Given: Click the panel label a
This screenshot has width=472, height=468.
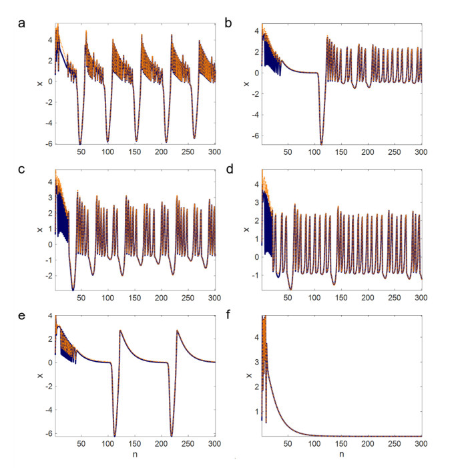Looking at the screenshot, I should pos(22,25).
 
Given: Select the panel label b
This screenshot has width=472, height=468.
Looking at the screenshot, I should pos(229,25).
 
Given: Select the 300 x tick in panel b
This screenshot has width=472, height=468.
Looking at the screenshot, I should pos(421,153).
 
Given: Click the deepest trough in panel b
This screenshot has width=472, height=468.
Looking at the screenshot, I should pos(321,144).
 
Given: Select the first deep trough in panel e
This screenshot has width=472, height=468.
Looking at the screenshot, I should pos(115,435).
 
